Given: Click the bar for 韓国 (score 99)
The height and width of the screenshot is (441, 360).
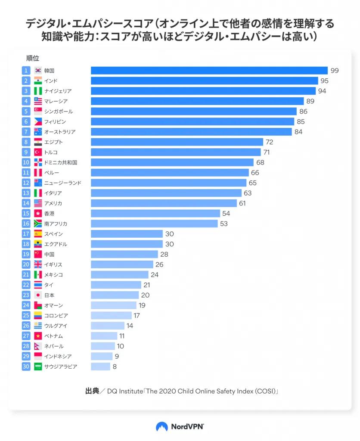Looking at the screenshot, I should pyautogui.click(x=209, y=71).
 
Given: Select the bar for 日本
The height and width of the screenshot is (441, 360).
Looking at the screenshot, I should pyautogui.click(x=115, y=295).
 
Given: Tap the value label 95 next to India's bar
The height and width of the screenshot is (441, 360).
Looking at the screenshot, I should pyautogui.click(x=324, y=81).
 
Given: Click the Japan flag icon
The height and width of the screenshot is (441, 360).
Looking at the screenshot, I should pyautogui.click(x=38, y=295).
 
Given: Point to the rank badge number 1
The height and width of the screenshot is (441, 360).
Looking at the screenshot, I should pyautogui.click(x=26, y=71).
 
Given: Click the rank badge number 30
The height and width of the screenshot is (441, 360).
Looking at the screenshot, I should pyautogui.click(x=26, y=366).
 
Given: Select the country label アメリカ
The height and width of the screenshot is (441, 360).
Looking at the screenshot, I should pyautogui.click(x=53, y=203).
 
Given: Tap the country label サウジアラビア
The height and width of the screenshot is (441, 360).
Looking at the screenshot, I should pyautogui.click(x=61, y=366).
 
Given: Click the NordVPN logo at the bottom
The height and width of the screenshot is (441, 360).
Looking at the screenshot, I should pyautogui.click(x=180, y=426).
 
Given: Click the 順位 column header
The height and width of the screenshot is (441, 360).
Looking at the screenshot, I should pyautogui.click(x=32, y=58).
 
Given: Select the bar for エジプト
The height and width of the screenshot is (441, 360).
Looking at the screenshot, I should pyautogui.click(x=177, y=142).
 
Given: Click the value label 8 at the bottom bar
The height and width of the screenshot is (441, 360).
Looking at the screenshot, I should pyautogui.click(x=115, y=366).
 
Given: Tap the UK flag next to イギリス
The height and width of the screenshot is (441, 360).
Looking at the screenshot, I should pyautogui.click(x=38, y=264).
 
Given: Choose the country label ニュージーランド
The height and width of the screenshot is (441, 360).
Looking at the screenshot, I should pyautogui.click(x=62, y=183).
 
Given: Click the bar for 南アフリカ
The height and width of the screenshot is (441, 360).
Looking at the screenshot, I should pyautogui.click(x=154, y=224).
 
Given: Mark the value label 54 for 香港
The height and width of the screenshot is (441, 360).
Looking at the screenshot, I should pyautogui.click(x=227, y=214).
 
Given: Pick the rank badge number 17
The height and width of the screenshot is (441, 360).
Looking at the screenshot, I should pyautogui.click(x=26, y=234).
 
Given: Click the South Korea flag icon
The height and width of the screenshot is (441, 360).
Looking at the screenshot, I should pyautogui.click(x=38, y=71).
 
